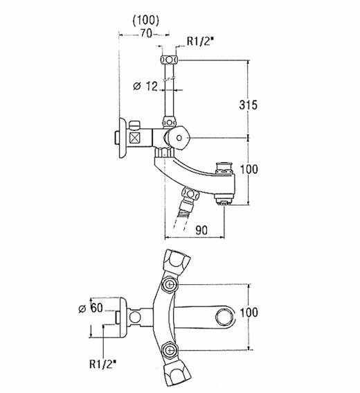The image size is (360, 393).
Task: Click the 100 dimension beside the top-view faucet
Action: pyautogui.click(x=259, y=313)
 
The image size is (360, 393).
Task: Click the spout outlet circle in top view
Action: pyautogui.click(x=224, y=318)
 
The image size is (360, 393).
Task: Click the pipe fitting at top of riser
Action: pyautogui.click(x=168, y=58)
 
